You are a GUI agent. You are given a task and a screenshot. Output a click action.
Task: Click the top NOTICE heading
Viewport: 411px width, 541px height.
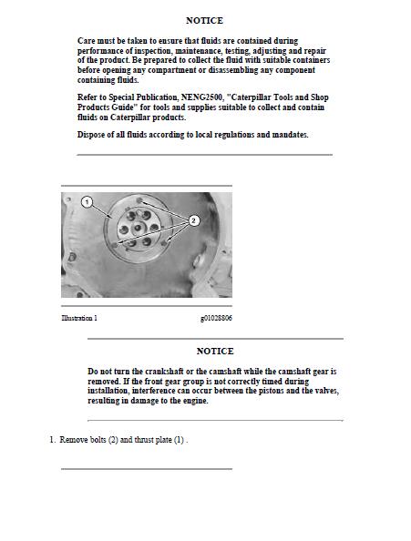(x=204, y=20)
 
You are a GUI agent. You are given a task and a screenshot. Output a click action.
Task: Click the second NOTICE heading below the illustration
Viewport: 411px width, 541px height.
(x=215, y=351)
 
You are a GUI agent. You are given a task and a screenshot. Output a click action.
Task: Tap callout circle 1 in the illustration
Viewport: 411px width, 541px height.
(x=87, y=201)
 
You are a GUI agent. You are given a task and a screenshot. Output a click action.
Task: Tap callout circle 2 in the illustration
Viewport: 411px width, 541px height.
(x=193, y=219)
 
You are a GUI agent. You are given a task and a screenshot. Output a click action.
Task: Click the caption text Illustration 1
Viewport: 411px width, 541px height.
(x=79, y=318)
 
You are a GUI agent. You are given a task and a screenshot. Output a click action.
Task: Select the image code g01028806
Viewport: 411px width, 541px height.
(x=216, y=318)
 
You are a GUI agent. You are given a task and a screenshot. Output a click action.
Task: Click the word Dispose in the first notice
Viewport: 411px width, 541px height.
(x=92, y=135)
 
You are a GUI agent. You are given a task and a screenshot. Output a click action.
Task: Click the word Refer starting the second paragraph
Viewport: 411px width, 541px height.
(x=88, y=97)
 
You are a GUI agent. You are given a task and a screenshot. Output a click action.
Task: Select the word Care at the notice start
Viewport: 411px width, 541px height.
(x=87, y=41)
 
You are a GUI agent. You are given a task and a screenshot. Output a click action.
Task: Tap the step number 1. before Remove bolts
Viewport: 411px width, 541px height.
(x=53, y=440)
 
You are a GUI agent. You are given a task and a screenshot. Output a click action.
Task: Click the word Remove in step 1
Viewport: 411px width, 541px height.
(x=75, y=440)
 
